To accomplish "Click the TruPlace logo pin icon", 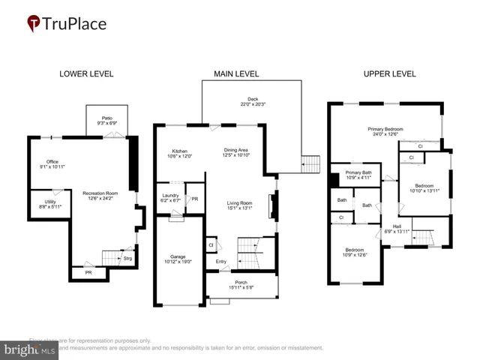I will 33,24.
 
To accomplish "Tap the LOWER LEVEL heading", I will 86,74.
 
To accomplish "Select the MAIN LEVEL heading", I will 236,74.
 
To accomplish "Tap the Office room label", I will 52,162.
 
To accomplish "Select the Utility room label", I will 50,202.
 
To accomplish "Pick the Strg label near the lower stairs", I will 127,258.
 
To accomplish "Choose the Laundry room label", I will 170,197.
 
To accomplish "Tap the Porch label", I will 241,283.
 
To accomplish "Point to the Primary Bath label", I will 358,174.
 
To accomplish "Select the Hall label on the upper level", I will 397,226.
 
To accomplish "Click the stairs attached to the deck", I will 310,162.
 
